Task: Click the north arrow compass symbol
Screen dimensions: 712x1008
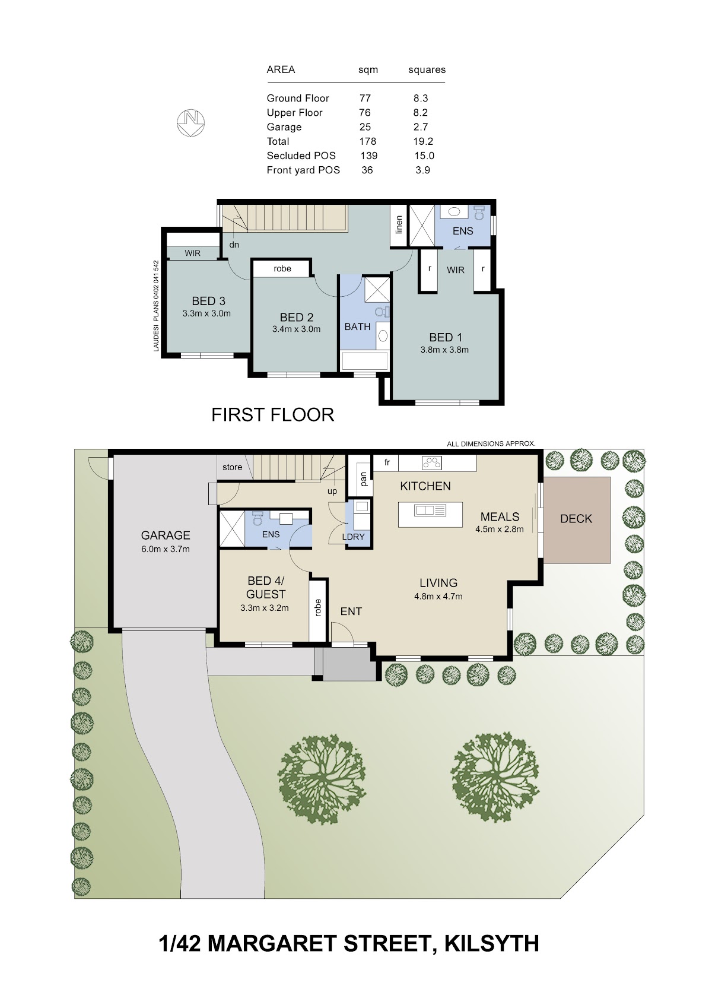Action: [x=190, y=122]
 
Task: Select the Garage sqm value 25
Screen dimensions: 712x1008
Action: [x=365, y=127]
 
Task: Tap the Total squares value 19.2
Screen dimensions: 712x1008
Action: [x=423, y=141]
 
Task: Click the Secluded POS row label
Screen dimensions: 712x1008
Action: [x=301, y=156]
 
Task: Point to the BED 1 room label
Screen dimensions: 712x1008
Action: [x=445, y=337]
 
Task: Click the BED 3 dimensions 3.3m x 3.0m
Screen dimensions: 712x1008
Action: [x=206, y=313]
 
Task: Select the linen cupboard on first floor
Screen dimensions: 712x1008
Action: [x=399, y=226]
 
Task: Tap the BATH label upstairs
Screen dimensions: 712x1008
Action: [x=358, y=327]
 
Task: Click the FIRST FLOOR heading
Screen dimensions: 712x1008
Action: [x=272, y=414]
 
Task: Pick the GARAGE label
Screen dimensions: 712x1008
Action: [x=166, y=535]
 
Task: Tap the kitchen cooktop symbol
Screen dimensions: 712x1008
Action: [x=432, y=462]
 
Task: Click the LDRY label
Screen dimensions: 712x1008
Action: [x=353, y=537]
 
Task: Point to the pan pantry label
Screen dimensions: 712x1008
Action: [x=364, y=479]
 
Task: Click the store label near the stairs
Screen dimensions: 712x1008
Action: [x=232, y=467]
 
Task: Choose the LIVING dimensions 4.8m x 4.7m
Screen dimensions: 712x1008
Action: [x=438, y=596]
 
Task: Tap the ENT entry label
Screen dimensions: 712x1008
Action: [x=351, y=611]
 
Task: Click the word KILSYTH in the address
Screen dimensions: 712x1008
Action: [x=492, y=943]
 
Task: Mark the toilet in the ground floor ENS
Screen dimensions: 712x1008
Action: [x=258, y=518]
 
